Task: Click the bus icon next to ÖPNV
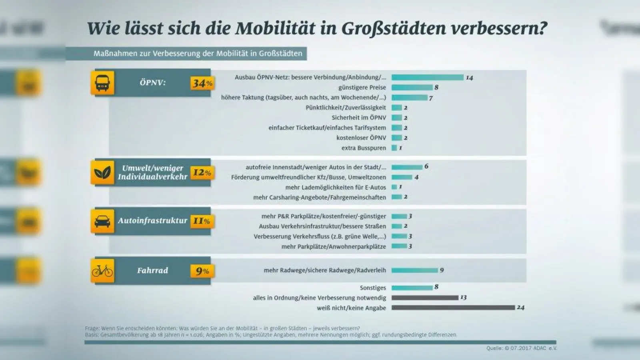coord(102,83)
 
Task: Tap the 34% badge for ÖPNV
coord(202,83)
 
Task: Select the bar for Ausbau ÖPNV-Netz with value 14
coord(427,77)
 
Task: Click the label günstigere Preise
coord(362,87)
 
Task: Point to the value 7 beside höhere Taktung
coord(431,98)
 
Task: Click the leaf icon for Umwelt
coord(102,173)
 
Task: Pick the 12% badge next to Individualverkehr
coord(202,172)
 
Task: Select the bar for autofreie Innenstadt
coord(407,167)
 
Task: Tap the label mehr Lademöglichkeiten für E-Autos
coord(335,187)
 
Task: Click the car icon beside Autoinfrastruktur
coord(102,221)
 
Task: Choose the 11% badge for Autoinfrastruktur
coord(202,221)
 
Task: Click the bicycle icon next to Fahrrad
coord(102,271)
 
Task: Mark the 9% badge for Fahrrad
coord(202,271)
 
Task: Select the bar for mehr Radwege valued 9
coord(414,270)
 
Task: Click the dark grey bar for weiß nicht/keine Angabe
coord(453,308)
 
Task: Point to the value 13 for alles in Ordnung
coord(463,298)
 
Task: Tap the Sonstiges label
coord(372,288)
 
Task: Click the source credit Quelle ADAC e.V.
coord(521,348)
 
